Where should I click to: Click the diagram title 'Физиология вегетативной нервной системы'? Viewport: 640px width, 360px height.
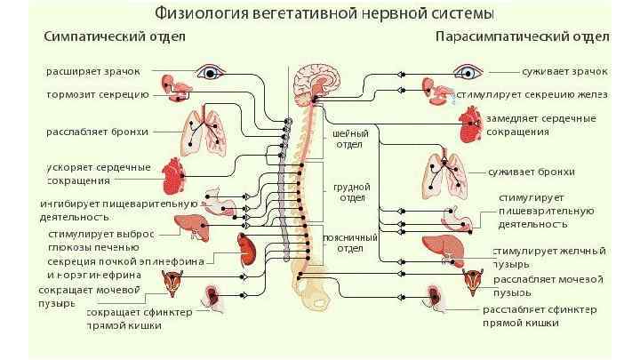[x=324, y=13]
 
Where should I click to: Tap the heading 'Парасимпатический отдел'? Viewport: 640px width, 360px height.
[x=522, y=37]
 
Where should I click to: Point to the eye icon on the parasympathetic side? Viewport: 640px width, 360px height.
[x=465, y=71]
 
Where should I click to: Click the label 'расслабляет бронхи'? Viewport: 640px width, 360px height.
[x=92, y=132]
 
